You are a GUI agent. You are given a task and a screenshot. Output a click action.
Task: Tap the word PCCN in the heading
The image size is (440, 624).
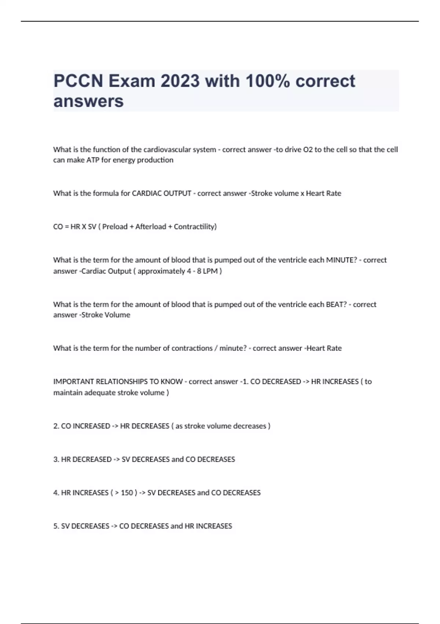coord(78,81)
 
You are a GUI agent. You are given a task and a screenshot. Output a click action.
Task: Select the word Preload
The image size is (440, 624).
coord(115,227)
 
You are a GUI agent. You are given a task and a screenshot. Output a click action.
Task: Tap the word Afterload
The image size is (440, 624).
coord(150,227)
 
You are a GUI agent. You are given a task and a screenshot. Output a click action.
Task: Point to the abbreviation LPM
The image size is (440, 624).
coord(210,271)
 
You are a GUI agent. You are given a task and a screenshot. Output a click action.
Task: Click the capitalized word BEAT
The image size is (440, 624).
coord(335,305)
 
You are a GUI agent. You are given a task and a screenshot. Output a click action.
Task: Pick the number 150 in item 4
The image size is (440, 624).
coord(127,493)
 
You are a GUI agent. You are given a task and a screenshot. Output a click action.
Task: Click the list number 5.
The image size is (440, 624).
coord(56,526)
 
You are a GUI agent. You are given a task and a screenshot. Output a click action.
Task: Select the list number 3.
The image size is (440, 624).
coord(56,460)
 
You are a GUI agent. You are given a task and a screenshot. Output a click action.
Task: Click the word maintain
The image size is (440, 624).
coord(68,393)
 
